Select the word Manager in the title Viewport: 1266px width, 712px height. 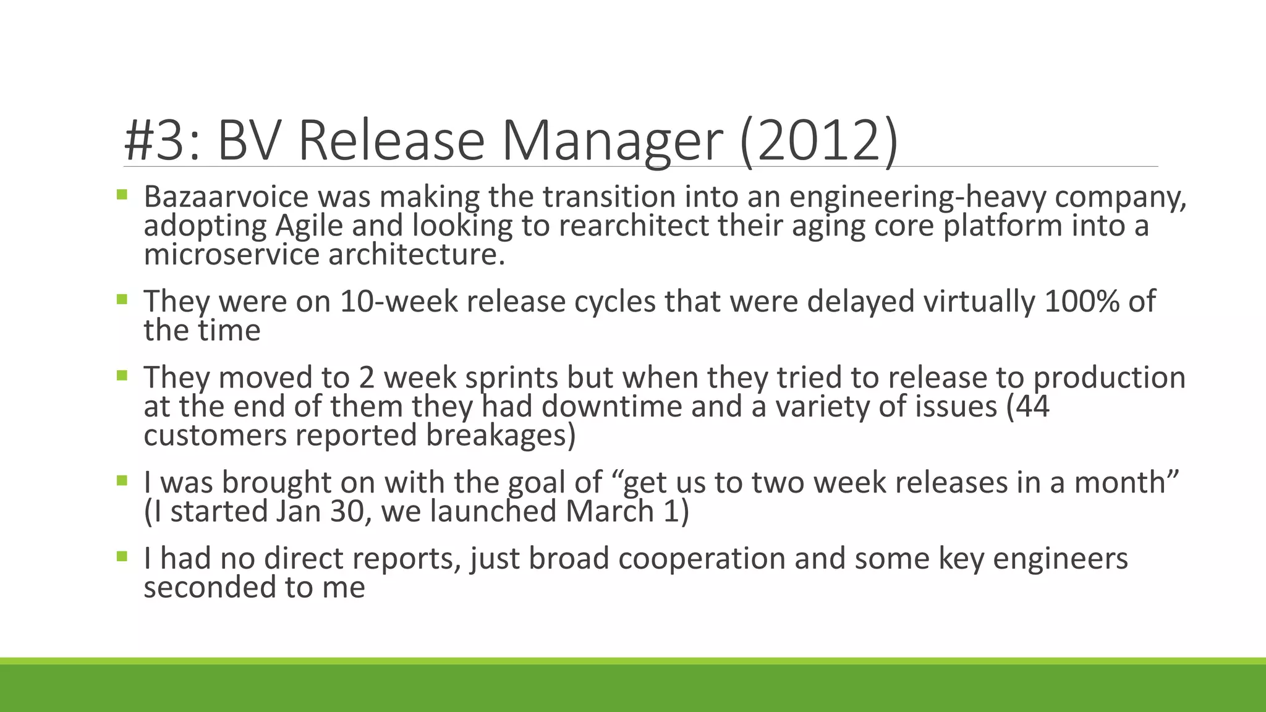click(x=611, y=141)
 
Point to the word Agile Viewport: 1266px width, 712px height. click(x=308, y=226)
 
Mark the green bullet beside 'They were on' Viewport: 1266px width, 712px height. click(x=122, y=300)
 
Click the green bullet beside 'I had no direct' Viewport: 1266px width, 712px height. click(x=122, y=557)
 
